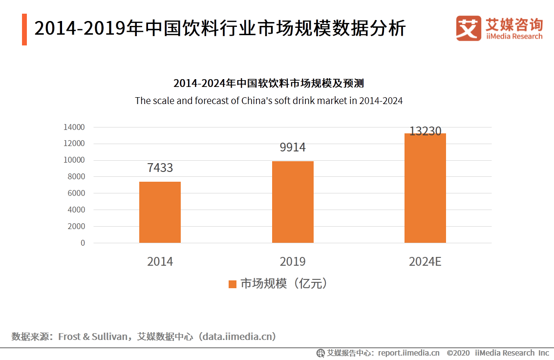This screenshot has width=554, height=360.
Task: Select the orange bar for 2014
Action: (160, 212)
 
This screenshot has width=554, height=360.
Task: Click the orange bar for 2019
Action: (293, 202)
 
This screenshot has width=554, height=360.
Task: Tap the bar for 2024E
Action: (425, 188)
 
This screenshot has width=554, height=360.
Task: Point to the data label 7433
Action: (160, 168)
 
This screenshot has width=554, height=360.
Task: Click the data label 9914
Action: (293, 148)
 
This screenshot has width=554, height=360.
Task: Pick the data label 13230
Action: (425, 131)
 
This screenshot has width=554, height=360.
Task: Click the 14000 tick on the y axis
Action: (74, 127)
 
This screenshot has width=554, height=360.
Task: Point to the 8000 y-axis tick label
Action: (76, 177)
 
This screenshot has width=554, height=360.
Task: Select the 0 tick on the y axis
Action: (83, 243)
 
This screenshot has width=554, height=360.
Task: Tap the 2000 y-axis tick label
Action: (76, 226)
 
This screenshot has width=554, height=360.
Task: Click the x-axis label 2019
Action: (293, 262)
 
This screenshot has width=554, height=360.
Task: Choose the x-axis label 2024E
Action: (425, 262)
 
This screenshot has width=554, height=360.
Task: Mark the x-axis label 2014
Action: (160, 262)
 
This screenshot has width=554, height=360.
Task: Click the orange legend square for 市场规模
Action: (233, 284)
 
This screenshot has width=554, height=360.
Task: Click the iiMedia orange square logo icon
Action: (469, 28)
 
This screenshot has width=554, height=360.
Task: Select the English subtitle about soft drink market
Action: (269, 101)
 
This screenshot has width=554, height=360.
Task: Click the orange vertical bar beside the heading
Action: (24, 30)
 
